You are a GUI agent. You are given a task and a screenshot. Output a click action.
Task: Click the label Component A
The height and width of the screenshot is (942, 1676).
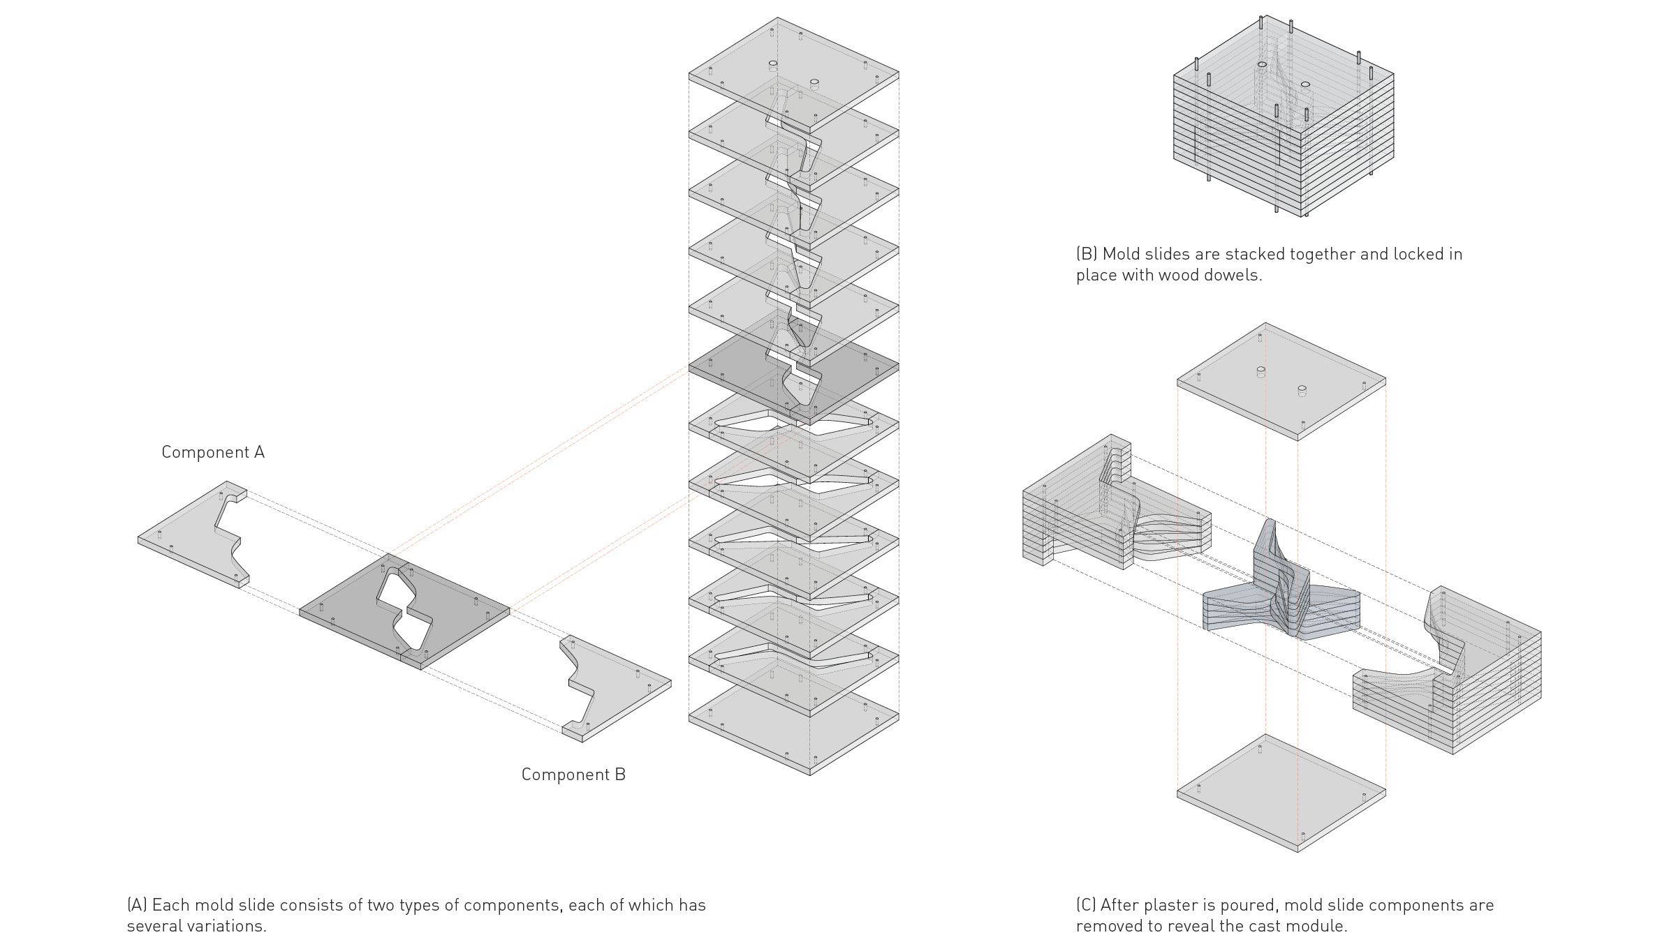pos(213,452)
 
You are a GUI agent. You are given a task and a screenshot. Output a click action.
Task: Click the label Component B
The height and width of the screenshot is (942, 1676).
pos(573,775)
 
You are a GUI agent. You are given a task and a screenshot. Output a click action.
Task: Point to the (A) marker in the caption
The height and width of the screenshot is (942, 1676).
pos(137,905)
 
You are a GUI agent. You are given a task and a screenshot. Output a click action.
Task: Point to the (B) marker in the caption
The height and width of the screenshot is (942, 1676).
pos(1087,254)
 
